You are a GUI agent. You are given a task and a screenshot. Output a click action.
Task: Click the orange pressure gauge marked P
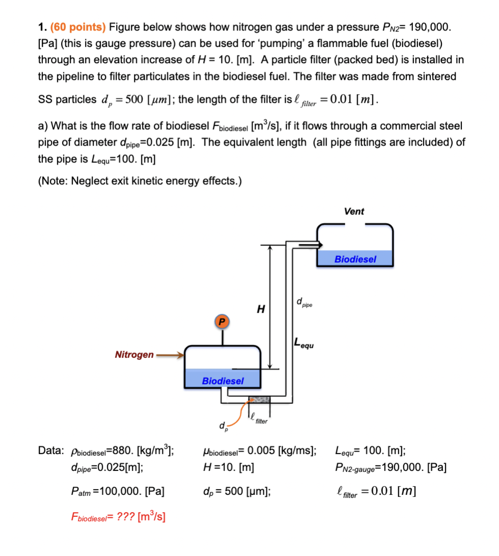click(x=221, y=322)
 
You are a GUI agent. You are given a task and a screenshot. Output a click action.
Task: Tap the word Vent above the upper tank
click(x=354, y=211)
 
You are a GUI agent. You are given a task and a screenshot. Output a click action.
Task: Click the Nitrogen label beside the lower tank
click(x=134, y=355)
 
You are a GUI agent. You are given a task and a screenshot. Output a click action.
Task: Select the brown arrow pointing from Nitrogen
click(x=170, y=355)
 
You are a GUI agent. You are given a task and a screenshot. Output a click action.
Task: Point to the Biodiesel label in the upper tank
click(x=355, y=259)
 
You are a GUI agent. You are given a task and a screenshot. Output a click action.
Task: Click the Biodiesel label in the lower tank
click(x=223, y=380)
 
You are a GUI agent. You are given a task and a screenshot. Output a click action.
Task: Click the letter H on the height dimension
click(x=261, y=309)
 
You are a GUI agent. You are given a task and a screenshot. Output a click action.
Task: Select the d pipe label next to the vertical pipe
click(x=304, y=304)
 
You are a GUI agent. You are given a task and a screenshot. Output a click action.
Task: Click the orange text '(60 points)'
click(x=76, y=27)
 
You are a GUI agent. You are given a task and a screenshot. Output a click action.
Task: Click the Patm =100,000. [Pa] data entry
click(x=118, y=492)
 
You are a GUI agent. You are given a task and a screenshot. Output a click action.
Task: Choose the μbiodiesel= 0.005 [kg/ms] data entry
click(x=259, y=450)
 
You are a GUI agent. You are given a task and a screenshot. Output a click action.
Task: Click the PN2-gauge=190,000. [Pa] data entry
click(x=391, y=466)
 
